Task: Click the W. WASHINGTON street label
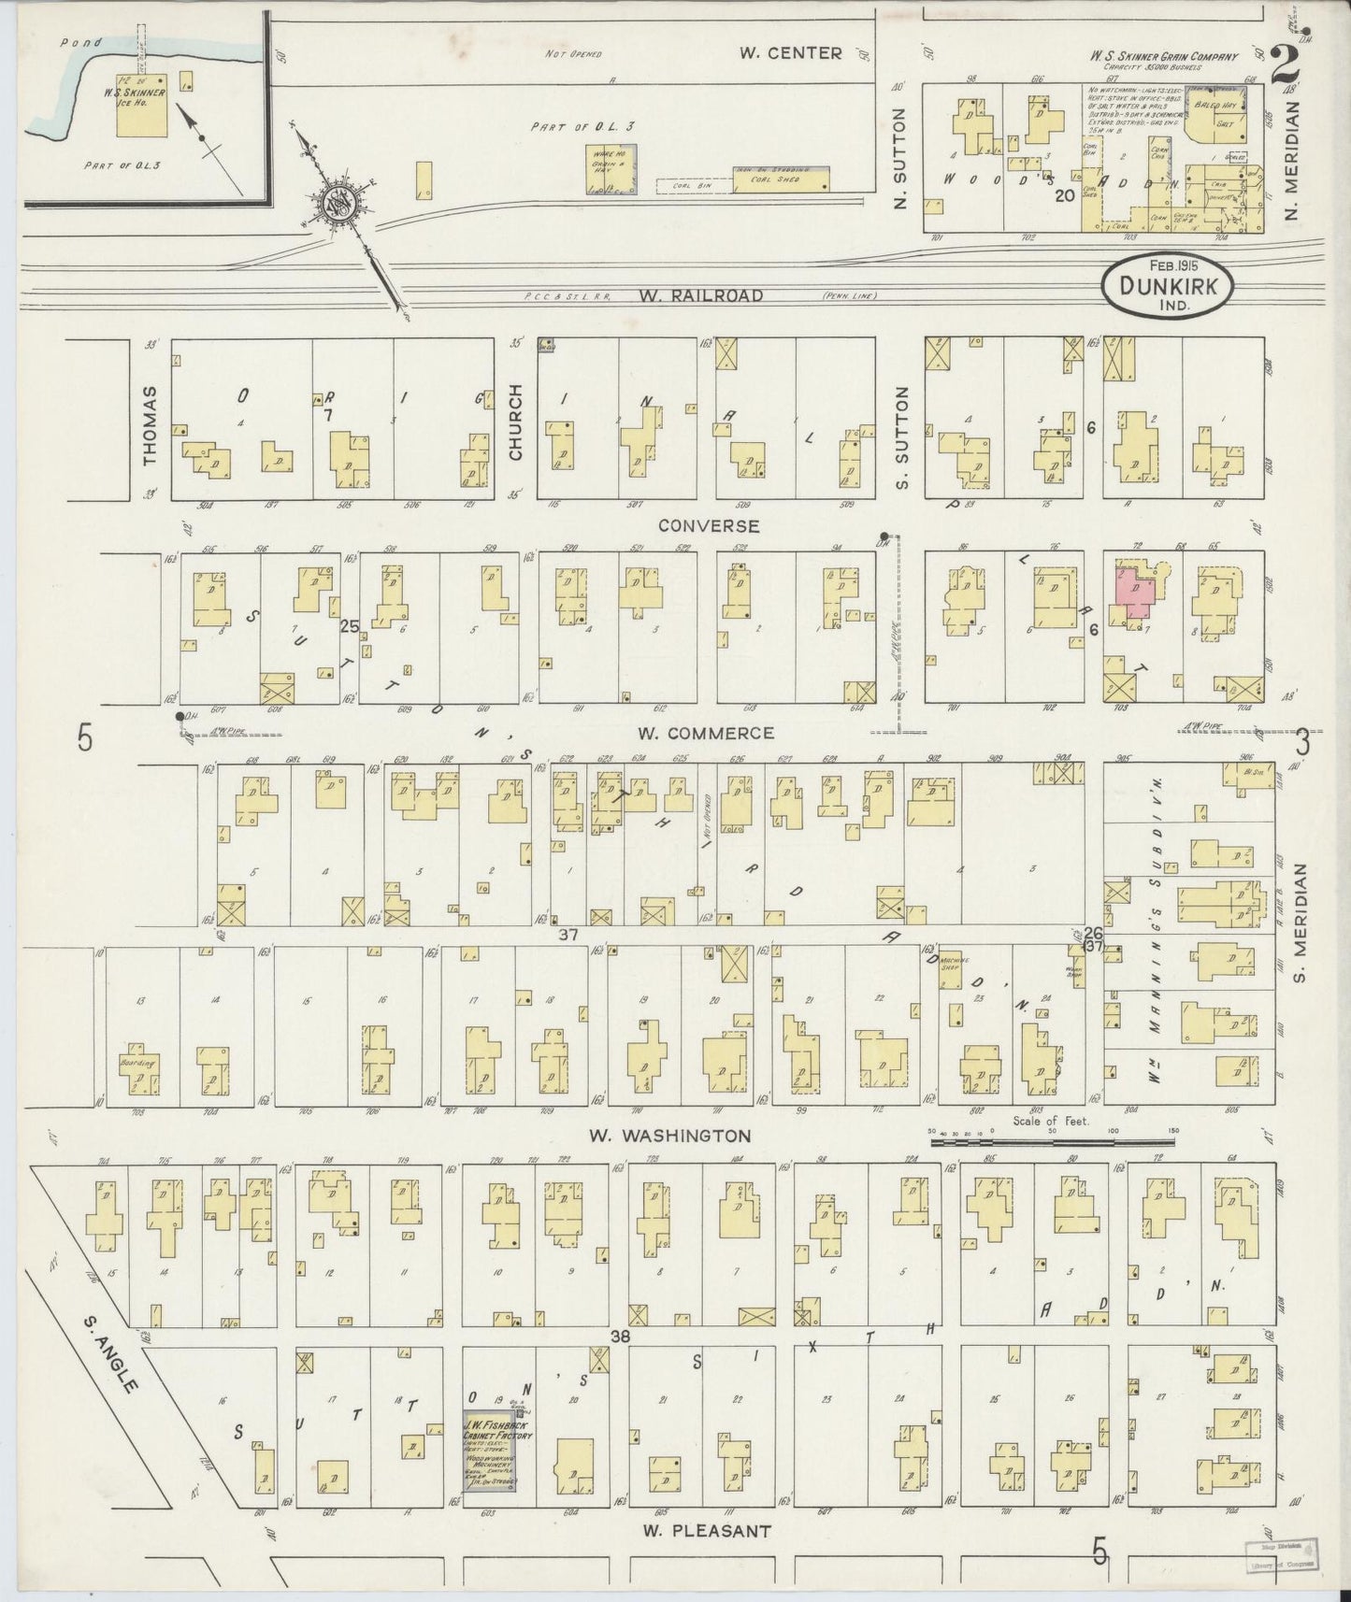[x=669, y=1137]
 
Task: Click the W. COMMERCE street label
[x=707, y=734]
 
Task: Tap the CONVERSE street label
[x=709, y=526]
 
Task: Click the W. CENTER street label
[x=790, y=53]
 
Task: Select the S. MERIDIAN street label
[x=1300, y=923]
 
